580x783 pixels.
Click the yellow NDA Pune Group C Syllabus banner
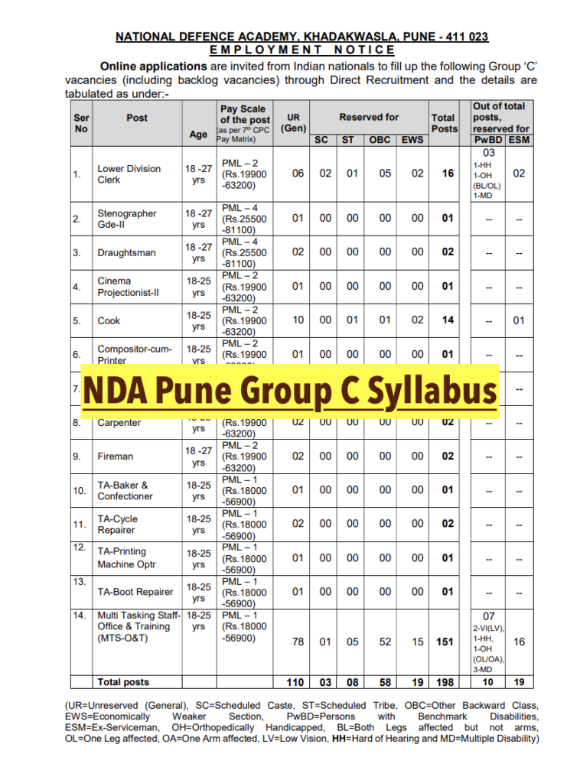pyautogui.click(x=291, y=391)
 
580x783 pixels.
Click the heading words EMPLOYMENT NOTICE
pyautogui.click(x=302, y=50)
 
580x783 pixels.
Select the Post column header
pyautogui.click(x=137, y=118)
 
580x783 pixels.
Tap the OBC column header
pyautogui.click(x=380, y=140)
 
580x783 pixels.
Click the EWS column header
pyautogui.click(x=412, y=140)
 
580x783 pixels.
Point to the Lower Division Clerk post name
pyautogui.click(x=129, y=174)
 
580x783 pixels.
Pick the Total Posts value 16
pyautogui.click(x=448, y=174)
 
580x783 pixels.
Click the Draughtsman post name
pyautogui.click(x=126, y=252)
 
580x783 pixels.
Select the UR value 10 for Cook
pyautogui.click(x=298, y=320)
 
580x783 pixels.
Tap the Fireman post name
pyautogui.click(x=116, y=456)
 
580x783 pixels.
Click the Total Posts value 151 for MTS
pyautogui.click(x=445, y=642)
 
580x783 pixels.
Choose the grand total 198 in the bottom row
pyautogui.click(x=445, y=682)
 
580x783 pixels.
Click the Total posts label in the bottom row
pyautogui.click(x=123, y=682)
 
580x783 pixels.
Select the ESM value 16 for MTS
pyautogui.click(x=519, y=642)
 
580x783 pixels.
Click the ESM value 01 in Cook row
pyautogui.click(x=519, y=320)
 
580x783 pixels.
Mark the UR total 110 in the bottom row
pyautogui.click(x=295, y=682)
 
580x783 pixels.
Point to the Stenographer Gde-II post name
pyautogui.click(x=127, y=219)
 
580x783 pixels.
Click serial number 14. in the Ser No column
pyautogui.click(x=79, y=615)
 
